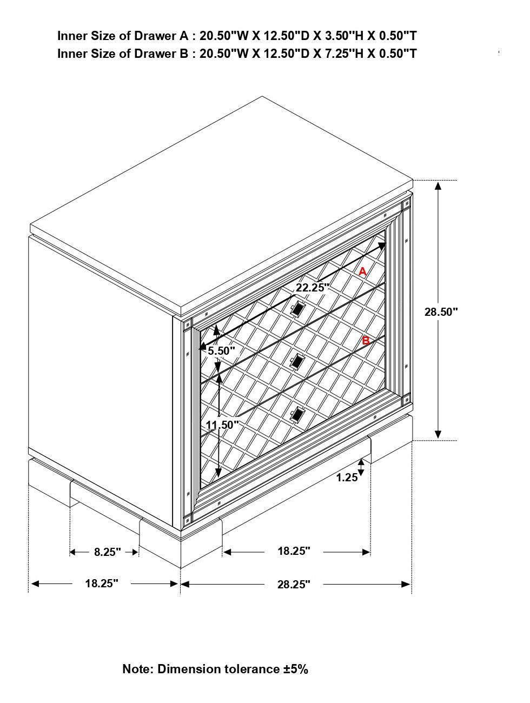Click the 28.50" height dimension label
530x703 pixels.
441,311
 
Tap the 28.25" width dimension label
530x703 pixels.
294,585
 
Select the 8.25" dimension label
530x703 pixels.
107,552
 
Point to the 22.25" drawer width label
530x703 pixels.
312,288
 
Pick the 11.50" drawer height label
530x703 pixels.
222,425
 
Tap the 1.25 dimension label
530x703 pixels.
347,477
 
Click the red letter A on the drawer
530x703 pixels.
362,271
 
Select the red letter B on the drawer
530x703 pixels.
366,341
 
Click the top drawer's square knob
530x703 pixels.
298,309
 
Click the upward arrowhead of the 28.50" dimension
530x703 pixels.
438,185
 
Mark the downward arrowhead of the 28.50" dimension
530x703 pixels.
438,434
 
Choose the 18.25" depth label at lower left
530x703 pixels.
102,583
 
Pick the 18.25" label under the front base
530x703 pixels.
294,551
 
